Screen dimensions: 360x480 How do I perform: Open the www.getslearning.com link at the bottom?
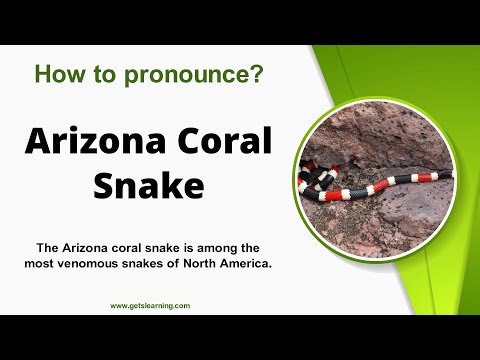pos(150,306)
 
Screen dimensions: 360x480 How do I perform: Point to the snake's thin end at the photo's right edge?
pos(448,174)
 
